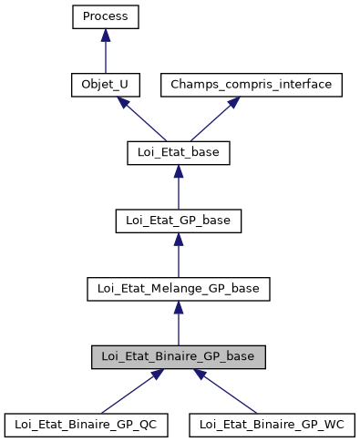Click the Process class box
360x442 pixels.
pos(106,16)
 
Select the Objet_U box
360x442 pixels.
pos(106,85)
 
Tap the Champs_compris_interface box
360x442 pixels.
pos(252,85)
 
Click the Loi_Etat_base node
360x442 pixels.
pos(178,153)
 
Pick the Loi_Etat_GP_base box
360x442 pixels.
pos(178,221)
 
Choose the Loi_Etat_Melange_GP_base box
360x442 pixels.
pos(178,289)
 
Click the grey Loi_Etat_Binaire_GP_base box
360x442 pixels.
pos(178,356)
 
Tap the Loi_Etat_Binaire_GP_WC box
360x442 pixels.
pos(272,425)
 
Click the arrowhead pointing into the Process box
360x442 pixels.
pos(106,35)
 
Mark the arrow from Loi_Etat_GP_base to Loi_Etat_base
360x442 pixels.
pos(178,191)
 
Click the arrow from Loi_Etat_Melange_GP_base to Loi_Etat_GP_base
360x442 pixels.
pos(178,260)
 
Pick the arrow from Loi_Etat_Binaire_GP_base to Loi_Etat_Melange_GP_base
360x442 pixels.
pos(178,327)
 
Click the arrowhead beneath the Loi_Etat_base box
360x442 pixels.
pos(178,171)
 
